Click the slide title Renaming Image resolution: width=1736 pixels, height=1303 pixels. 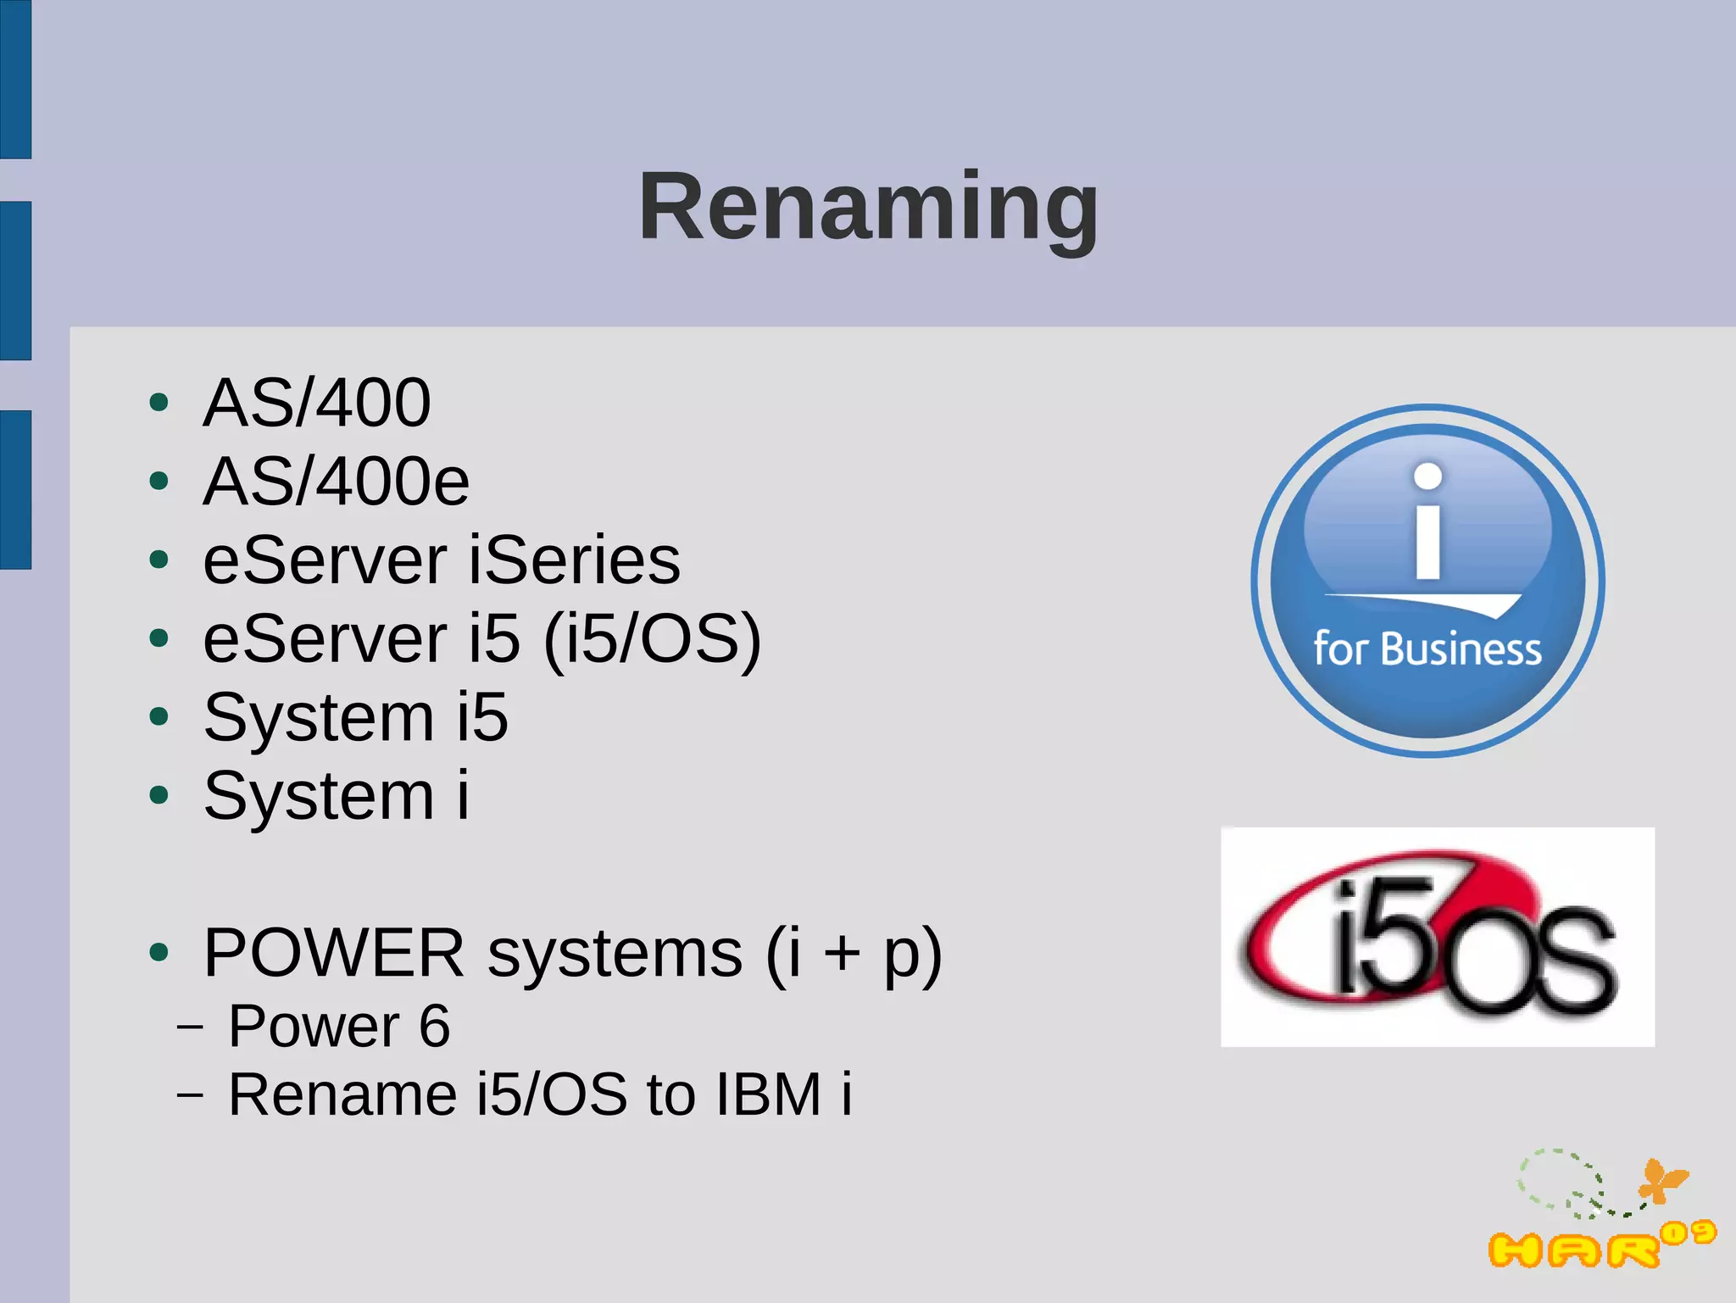(x=868, y=206)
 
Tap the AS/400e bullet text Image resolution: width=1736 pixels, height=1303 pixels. (x=336, y=482)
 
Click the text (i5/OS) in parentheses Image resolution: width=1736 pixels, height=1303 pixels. (x=652, y=640)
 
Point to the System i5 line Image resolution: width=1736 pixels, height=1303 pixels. (x=356, y=717)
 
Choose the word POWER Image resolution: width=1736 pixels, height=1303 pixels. (x=334, y=953)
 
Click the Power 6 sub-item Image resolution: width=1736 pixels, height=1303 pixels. (x=339, y=1026)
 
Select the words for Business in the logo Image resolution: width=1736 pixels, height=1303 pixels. (x=1427, y=649)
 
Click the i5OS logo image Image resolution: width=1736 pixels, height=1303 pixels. (x=1437, y=937)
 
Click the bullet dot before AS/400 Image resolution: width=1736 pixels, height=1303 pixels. (x=159, y=403)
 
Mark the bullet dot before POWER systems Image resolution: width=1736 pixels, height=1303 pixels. (x=159, y=952)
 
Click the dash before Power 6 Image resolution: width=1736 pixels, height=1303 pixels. (x=191, y=1026)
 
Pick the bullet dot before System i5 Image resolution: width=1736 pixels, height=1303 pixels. (x=159, y=717)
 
